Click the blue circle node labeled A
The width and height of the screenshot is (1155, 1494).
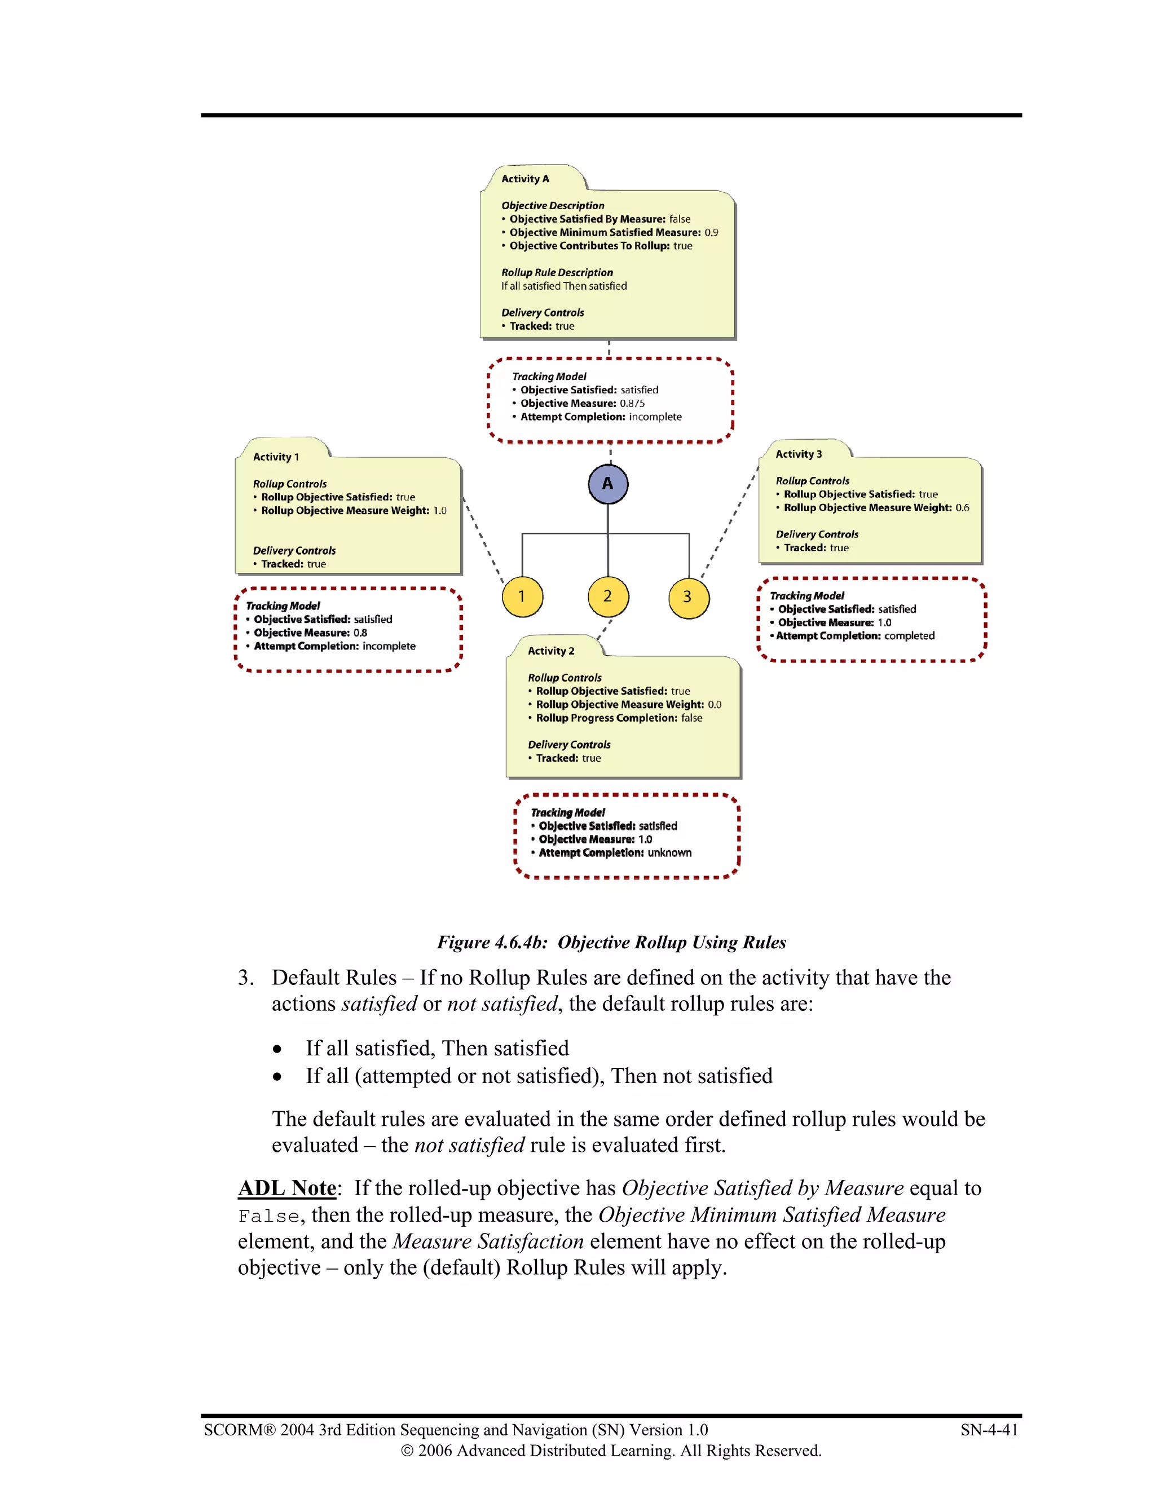(607, 484)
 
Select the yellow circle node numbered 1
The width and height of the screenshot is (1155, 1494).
(522, 596)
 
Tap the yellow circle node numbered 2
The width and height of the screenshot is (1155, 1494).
(607, 596)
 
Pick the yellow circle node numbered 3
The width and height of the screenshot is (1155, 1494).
(689, 597)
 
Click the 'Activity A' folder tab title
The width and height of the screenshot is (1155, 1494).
(525, 179)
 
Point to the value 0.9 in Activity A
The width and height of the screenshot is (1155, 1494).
(711, 233)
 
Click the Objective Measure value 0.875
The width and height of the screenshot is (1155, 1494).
(632, 404)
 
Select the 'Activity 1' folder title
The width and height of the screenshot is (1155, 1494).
(276, 457)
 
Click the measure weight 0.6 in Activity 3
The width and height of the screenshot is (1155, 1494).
(962, 507)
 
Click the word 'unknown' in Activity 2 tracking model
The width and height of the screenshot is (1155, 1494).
(669, 853)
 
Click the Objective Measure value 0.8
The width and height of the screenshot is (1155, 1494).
(360, 633)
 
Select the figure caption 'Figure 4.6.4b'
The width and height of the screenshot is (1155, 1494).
(492, 943)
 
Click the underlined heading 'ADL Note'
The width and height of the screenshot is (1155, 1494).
(286, 1188)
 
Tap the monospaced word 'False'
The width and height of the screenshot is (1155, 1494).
(269, 1216)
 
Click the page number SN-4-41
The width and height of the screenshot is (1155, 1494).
(989, 1430)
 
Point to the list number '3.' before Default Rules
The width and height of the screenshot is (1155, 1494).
(246, 978)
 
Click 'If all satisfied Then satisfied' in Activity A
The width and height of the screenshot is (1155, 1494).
(564, 286)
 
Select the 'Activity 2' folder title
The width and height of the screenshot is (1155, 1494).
(551, 651)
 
